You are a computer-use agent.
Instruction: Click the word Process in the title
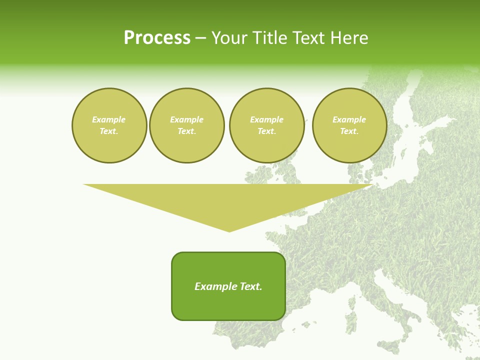157,38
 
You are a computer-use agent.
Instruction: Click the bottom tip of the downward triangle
229,230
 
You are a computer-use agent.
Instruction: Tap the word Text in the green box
250,286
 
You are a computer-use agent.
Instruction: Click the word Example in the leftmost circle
109,119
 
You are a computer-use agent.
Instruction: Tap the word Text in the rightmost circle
349,131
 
